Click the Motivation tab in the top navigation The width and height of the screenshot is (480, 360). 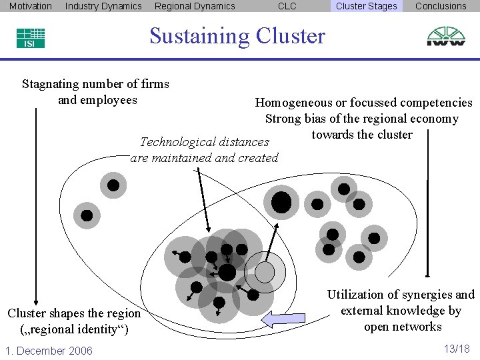[30, 6]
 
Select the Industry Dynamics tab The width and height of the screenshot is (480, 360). [103, 6]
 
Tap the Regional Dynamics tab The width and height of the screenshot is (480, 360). [195, 6]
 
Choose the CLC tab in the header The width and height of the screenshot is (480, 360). [287, 6]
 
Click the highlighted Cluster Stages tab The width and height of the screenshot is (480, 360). [366, 6]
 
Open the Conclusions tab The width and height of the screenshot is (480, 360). [441, 6]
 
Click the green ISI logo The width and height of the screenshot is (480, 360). [31, 38]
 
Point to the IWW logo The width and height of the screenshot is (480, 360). [446, 37]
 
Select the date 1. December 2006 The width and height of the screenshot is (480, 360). [49, 351]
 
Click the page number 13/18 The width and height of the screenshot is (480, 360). [456, 349]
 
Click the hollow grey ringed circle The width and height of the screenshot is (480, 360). [265, 271]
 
